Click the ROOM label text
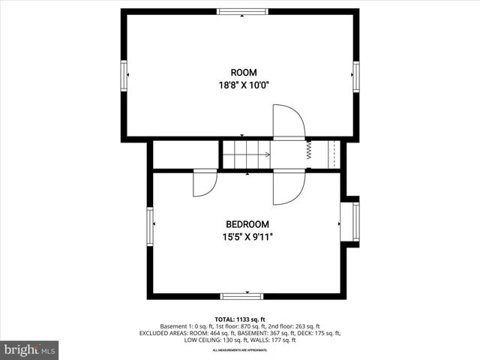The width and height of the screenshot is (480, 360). tap(238, 73)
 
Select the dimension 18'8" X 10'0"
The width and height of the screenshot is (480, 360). tap(238, 85)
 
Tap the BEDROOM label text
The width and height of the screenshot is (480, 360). tap(247, 224)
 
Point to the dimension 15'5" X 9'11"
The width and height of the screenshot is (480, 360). tap(247, 237)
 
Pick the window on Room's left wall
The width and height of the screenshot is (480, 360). tap(124, 75)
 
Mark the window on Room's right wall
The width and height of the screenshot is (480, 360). tap(355, 75)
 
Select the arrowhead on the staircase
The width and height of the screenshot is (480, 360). tap(267, 154)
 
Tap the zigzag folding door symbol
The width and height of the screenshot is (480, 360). tap(308, 152)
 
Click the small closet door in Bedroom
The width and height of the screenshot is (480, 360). tap(204, 183)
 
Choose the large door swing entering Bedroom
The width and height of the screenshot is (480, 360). tap(288, 187)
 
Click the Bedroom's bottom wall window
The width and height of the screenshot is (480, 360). tap(241, 296)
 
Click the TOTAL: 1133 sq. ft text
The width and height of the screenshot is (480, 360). tap(240, 319)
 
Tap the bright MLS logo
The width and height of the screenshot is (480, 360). tap(30, 349)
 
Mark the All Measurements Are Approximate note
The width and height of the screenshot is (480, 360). tap(240, 350)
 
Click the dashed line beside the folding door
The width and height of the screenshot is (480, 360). tap(334, 153)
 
